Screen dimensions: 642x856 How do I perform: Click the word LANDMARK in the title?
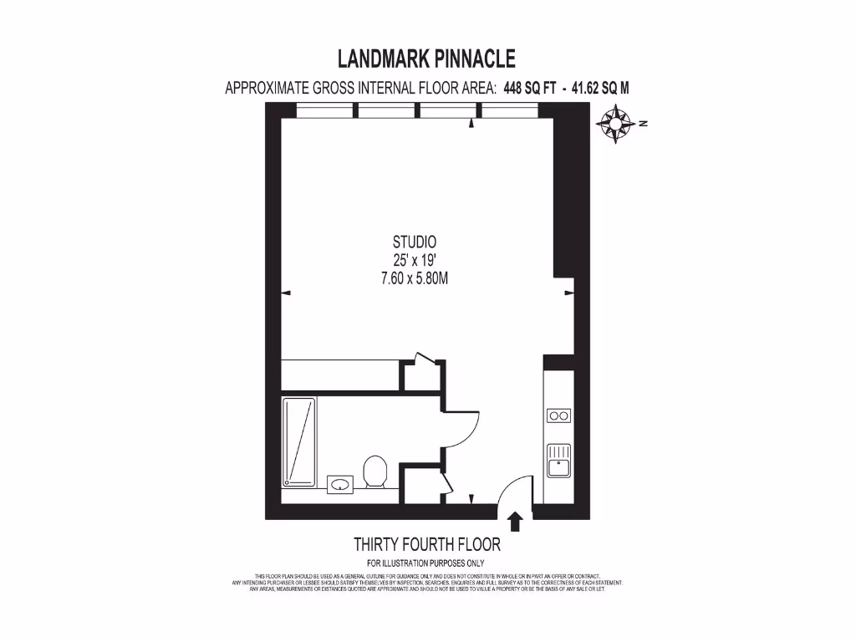381,59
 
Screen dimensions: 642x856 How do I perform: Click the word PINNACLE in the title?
473,59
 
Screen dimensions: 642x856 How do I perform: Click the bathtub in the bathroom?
300,441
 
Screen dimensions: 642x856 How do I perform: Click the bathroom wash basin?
340,483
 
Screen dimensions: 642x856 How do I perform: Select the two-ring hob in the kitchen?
558,415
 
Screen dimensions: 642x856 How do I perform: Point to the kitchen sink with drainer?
558,459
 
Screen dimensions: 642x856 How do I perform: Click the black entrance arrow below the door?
515,522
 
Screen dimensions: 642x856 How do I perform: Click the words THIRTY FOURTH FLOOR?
427,545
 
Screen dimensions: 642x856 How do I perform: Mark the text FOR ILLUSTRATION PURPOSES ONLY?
426,563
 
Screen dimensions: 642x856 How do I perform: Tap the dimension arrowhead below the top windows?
471,124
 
